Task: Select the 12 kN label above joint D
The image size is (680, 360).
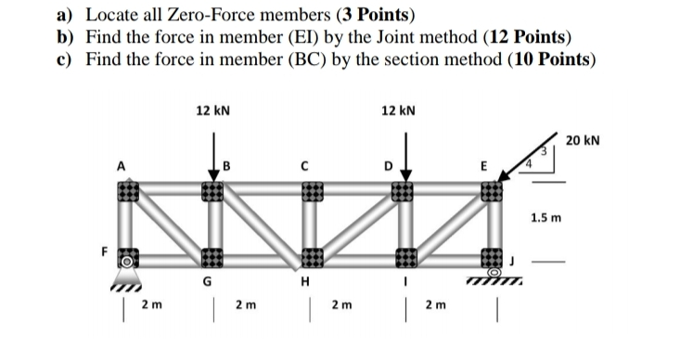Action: [398, 109]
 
